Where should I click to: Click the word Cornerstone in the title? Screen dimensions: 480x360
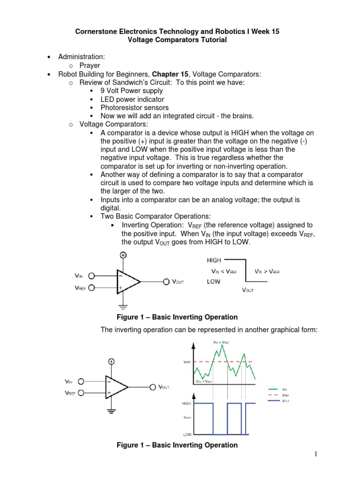pyautogui.click(x=97, y=31)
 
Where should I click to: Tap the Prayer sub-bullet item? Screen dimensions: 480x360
pyautogui.click(x=90, y=65)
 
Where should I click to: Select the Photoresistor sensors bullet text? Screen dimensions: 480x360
pyautogui.click(x=135, y=108)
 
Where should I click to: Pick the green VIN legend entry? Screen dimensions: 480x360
pyautogui.click(x=285, y=389)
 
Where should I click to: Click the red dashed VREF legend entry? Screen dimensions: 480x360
pyautogui.click(x=285, y=395)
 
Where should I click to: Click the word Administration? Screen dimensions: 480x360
pyautogui.click(x=78, y=57)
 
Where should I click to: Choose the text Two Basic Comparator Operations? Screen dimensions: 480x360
pyautogui.click(x=156, y=216)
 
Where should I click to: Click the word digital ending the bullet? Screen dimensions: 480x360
pyautogui.click(x=111, y=208)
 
